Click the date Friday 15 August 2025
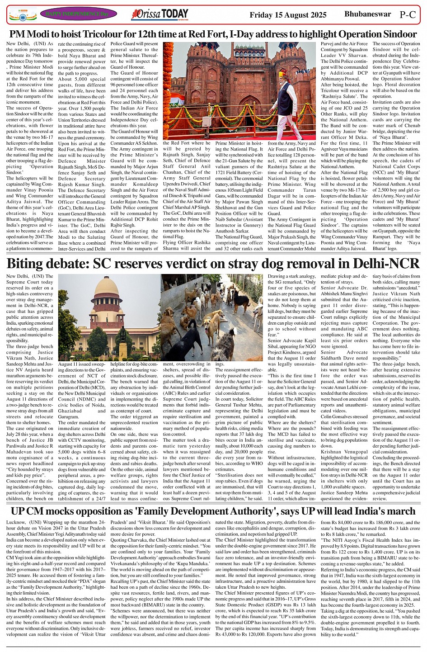[288, 15]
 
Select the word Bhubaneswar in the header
[367, 14]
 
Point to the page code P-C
[408, 14]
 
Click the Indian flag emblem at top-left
[22, 14]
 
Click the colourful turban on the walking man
[283, 74]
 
